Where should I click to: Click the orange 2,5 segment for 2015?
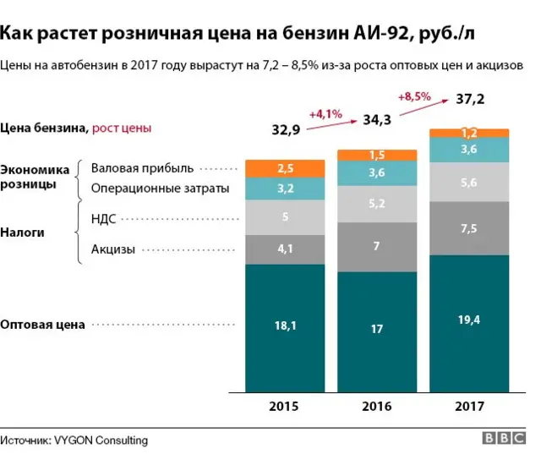click(285, 168)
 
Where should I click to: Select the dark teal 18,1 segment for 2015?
click(285, 326)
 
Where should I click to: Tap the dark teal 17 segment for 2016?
click(376, 330)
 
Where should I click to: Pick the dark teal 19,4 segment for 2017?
click(469, 321)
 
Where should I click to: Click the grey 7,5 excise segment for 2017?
click(469, 228)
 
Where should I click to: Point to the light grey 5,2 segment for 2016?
click(376, 204)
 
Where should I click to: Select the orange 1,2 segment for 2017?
click(469, 133)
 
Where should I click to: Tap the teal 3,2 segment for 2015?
click(285, 189)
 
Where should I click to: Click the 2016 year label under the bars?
click(376, 407)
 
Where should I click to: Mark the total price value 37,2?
click(470, 100)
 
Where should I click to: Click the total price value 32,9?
click(286, 129)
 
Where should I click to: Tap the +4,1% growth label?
click(325, 112)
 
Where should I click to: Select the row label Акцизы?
click(113, 249)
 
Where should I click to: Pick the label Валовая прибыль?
click(142, 167)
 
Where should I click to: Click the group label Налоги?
click(23, 231)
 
